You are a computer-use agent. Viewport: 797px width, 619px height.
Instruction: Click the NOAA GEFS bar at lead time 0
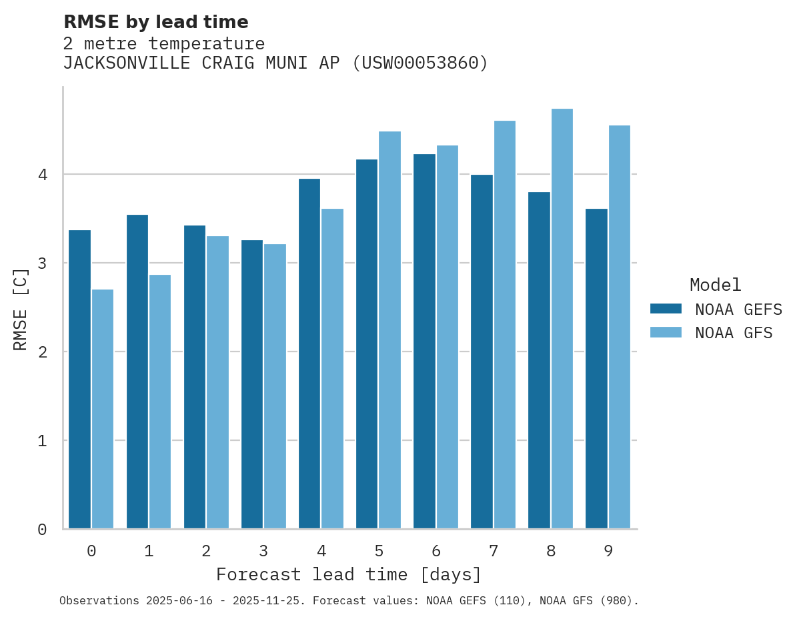[79, 380]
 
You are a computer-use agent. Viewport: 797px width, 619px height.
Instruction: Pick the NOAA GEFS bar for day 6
[424, 342]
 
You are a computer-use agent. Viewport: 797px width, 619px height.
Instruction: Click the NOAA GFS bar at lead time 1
[160, 402]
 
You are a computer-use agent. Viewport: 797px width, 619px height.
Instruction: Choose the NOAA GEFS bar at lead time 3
[252, 384]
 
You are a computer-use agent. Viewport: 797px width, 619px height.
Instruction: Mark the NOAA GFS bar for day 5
[389, 330]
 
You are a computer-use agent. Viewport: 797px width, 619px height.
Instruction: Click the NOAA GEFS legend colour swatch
[666, 309]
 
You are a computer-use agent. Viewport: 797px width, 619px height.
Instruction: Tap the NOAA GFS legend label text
[734, 333]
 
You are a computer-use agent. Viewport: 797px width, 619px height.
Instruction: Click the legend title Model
[715, 285]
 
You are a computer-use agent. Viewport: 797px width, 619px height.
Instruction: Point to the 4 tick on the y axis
[43, 175]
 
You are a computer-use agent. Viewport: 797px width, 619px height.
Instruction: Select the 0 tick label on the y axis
[43, 530]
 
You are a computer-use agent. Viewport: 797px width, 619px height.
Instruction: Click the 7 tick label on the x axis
[494, 551]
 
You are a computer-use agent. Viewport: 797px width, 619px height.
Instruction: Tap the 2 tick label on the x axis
[206, 551]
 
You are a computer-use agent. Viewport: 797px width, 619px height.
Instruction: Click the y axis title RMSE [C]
[21, 308]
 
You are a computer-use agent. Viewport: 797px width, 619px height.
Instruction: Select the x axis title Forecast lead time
[348, 574]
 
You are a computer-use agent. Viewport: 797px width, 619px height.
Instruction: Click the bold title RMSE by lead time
[156, 22]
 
